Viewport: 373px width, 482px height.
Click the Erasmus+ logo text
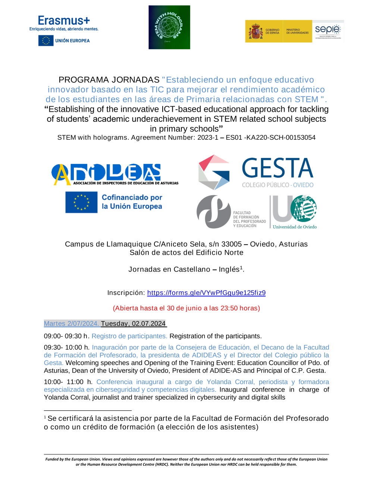(x=64, y=20)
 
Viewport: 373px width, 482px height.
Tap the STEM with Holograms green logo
(x=169, y=27)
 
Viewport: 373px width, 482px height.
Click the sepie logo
(x=328, y=30)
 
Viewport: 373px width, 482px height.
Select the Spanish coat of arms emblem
(x=256, y=31)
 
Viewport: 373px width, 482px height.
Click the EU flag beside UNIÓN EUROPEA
(x=46, y=41)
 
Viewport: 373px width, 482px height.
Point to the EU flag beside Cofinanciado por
(x=81, y=202)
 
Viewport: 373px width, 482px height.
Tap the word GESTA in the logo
(x=278, y=168)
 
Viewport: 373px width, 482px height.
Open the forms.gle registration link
(x=206, y=293)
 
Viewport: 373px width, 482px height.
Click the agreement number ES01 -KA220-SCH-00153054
(x=271, y=138)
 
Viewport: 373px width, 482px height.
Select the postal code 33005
(x=232, y=244)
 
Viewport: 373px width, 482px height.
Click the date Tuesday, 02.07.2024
(x=133, y=324)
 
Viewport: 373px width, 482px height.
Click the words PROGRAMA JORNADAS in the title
(x=109, y=80)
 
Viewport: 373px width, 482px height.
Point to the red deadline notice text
(x=186, y=308)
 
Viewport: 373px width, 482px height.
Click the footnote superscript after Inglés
(x=241, y=267)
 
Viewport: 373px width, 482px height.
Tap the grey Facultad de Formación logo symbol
(x=213, y=211)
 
